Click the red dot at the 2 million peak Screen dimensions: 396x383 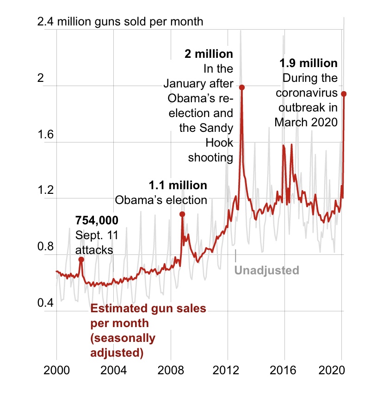[241, 87]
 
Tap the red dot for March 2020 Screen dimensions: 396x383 [344, 94]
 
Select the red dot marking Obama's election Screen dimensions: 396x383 [182, 214]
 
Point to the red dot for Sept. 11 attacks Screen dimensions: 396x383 [81, 260]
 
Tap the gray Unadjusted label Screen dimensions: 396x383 [267, 270]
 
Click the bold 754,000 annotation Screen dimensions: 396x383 [97, 220]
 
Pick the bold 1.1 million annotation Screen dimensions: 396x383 [178, 186]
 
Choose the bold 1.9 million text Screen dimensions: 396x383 [309, 63]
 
